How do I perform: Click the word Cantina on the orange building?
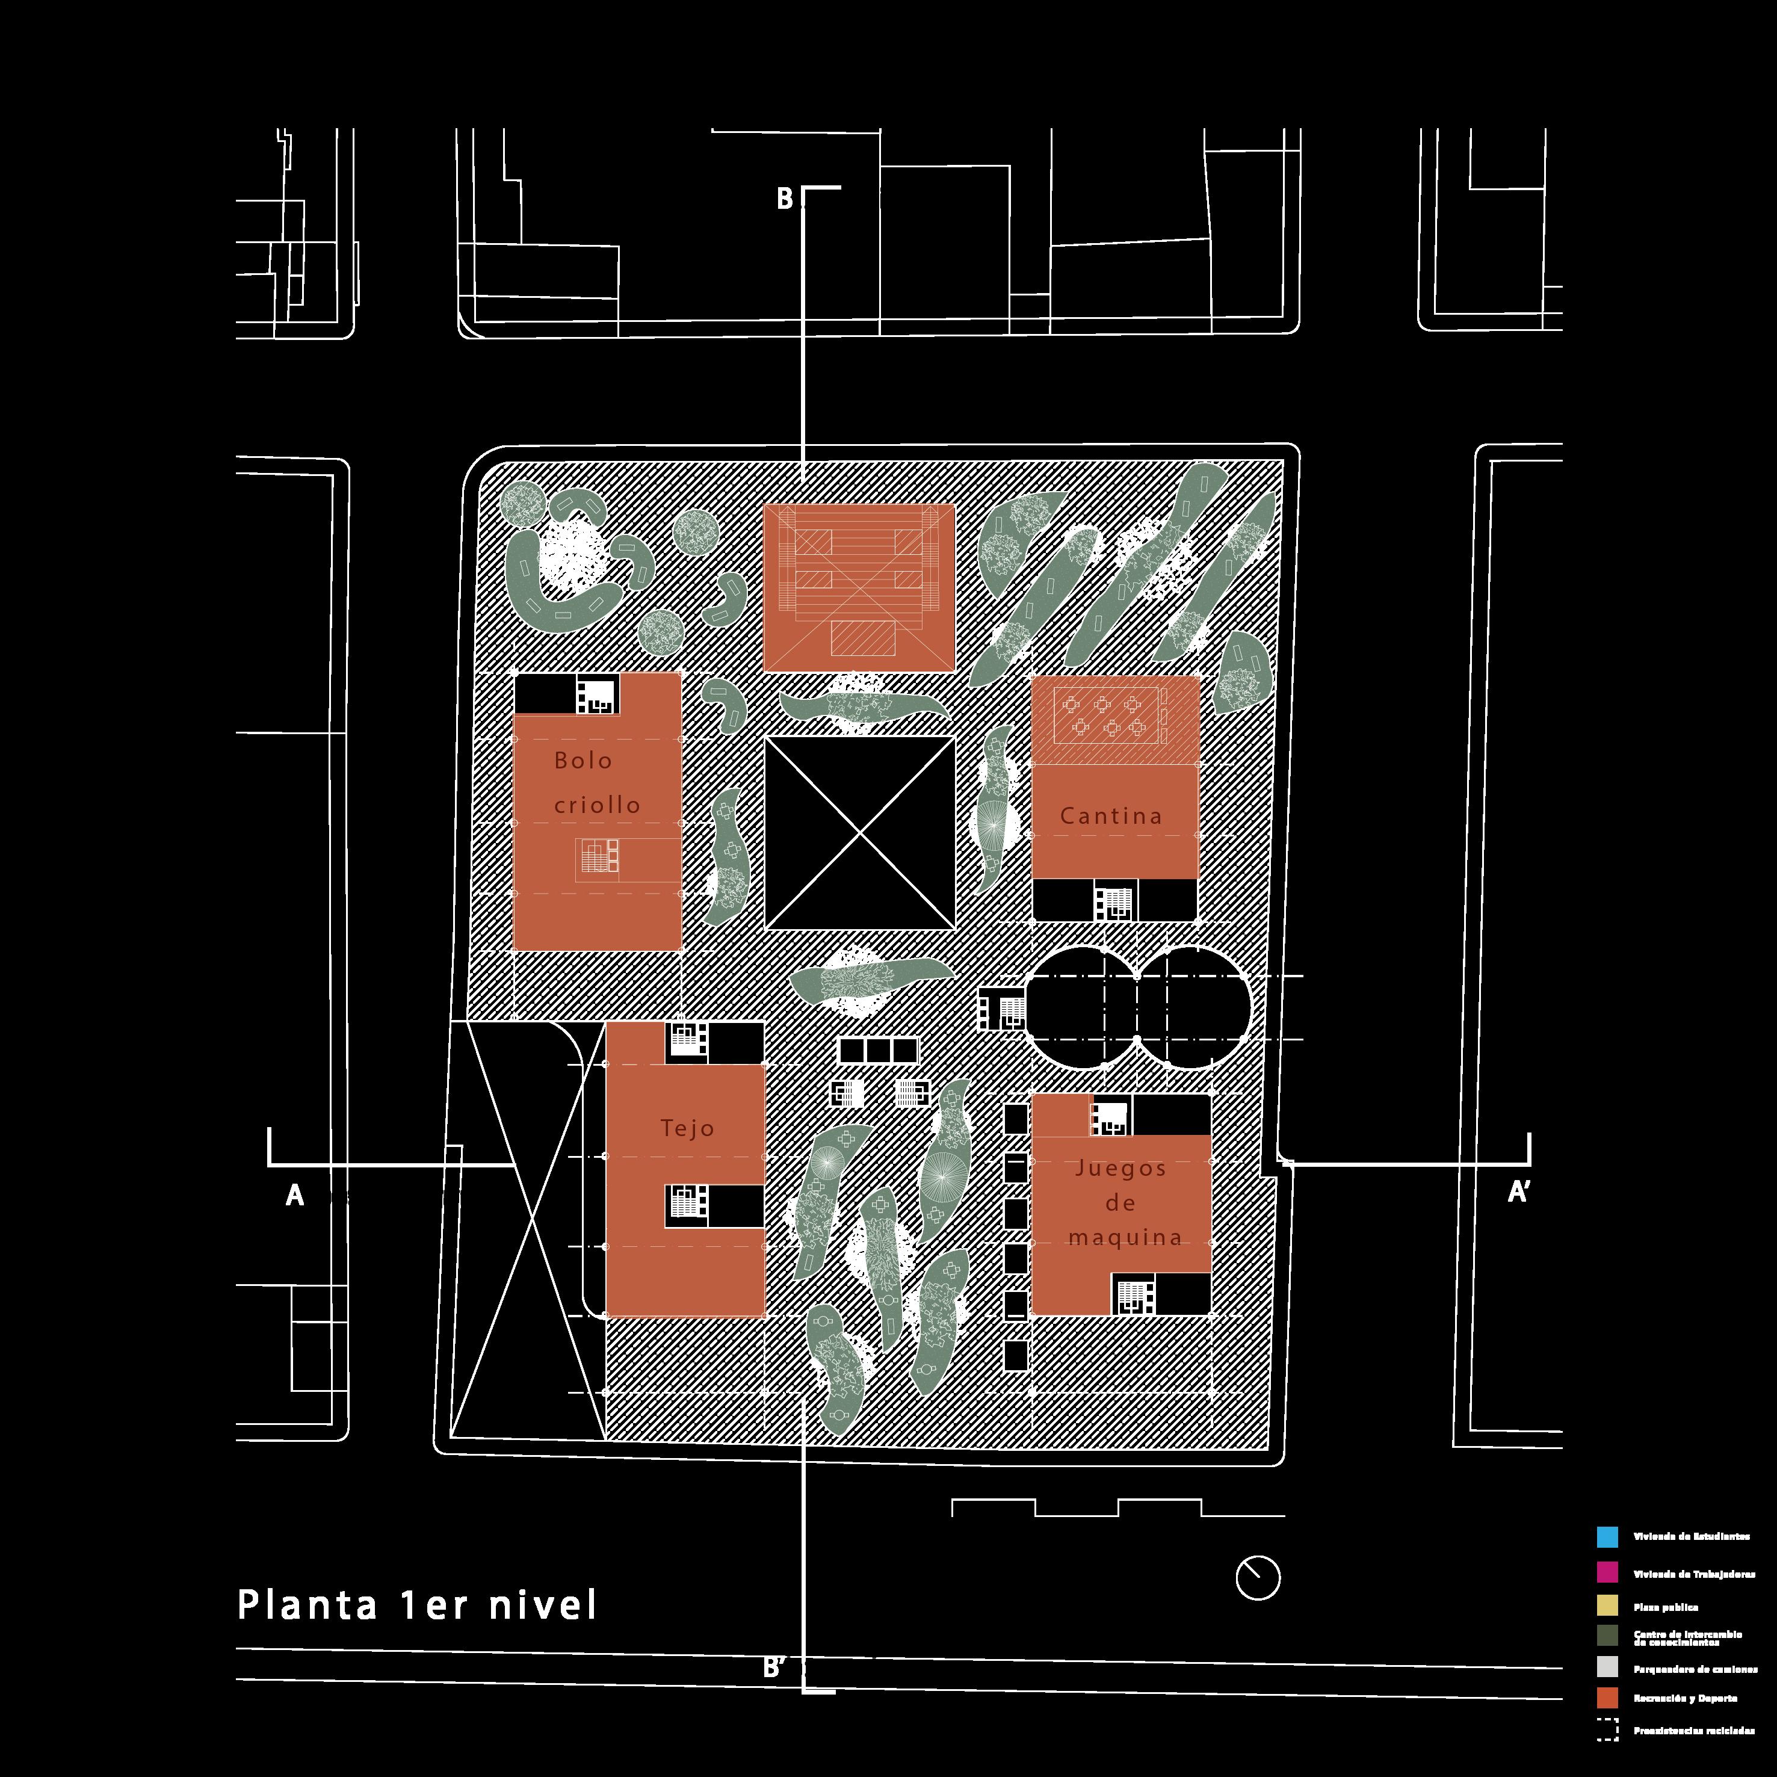[1110, 816]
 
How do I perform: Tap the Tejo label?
[687, 1128]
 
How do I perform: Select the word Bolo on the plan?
[583, 761]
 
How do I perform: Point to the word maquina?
[1125, 1238]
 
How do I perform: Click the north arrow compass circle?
[1257, 1577]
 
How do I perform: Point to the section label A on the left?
[294, 1196]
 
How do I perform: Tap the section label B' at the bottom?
[774, 1667]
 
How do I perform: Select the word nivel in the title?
[543, 1606]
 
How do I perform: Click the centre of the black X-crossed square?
[860, 833]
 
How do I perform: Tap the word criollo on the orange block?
[597, 805]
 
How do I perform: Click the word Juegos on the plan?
[1120, 1168]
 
